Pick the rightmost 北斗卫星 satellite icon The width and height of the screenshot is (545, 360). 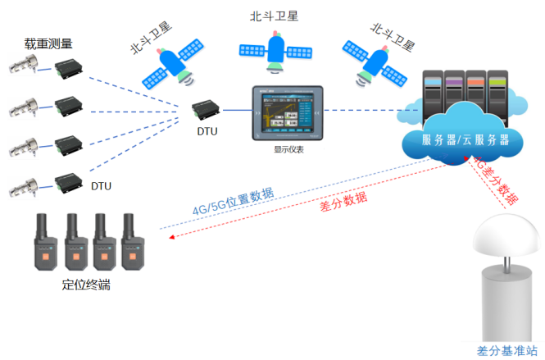[378, 64]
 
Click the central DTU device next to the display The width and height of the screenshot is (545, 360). [206, 109]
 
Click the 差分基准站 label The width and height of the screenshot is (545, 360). [507, 350]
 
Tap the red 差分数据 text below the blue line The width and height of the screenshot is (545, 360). [343, 202]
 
